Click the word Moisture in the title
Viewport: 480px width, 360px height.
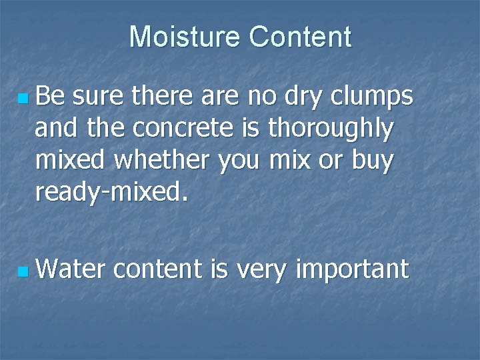pyautogui.click(x=185, y=37)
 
